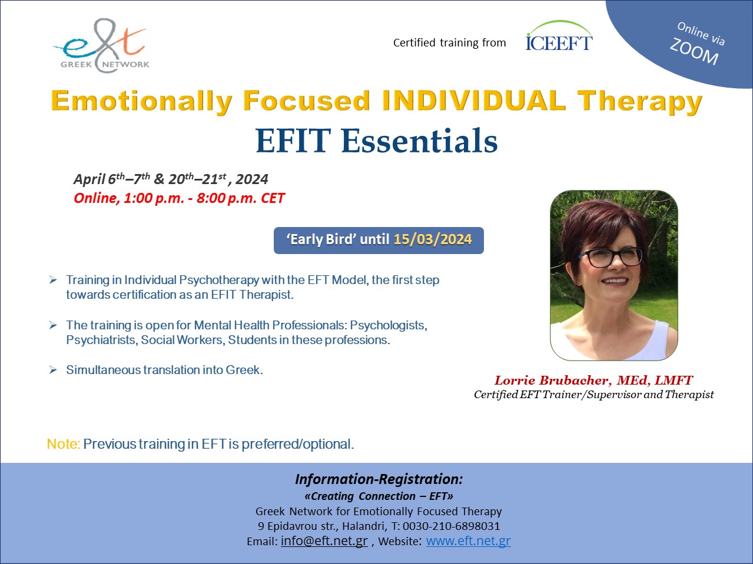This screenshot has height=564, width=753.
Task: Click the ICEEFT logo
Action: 559,36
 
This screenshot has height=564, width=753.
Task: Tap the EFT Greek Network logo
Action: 101,45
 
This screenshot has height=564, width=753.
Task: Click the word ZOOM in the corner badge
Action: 694,51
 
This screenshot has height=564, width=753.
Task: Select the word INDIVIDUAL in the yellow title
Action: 474,101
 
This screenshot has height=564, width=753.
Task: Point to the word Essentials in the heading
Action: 419,141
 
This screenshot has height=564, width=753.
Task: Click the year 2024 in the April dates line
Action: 252,179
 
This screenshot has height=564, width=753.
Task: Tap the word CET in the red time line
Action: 273,198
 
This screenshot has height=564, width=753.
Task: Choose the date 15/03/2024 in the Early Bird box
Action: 433,239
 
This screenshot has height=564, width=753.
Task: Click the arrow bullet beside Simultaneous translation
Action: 53,370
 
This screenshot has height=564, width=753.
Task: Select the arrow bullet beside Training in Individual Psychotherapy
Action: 53,280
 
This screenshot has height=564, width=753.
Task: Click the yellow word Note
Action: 64,443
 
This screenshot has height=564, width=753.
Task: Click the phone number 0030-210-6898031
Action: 451,526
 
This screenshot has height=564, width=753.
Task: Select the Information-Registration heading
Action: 379,479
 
